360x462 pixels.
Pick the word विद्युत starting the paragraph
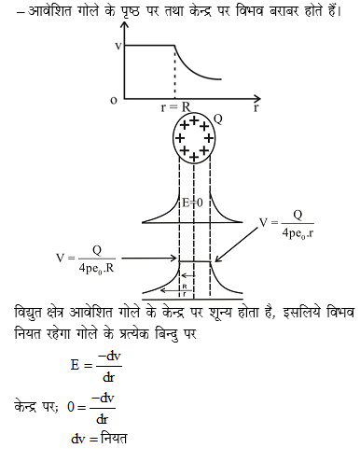click(29, 309)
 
